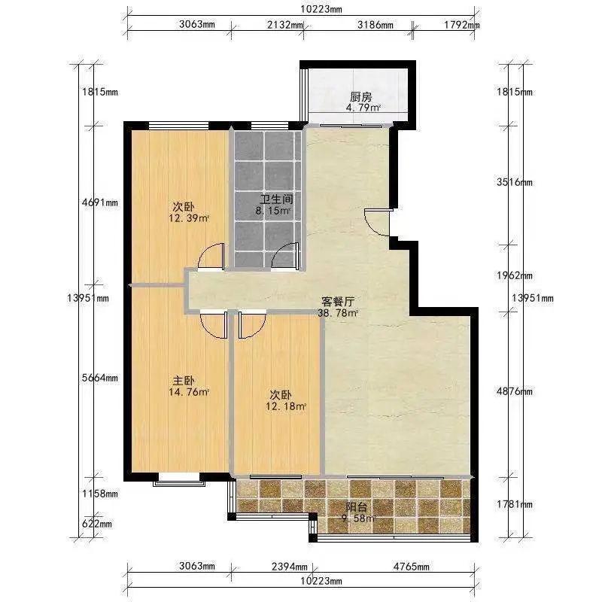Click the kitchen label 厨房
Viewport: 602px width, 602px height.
tap(360, 97)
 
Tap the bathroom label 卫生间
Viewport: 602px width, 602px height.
tap(276, 199)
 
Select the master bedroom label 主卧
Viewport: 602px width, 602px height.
tap(184, 381)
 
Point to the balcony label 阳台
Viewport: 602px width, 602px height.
tap(356, 507)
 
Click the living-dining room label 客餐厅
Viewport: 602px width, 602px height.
tap(338, 302)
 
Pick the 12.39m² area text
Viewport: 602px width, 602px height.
tap(189, 218)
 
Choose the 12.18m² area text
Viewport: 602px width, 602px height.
tap(286, 406)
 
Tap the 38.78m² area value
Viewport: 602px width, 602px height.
tap(338, 313)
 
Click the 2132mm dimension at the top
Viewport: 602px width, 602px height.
tap(285, 25)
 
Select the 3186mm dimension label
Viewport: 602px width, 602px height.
tap(375, 25)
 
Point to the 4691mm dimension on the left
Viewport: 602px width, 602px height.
tap(100, 202)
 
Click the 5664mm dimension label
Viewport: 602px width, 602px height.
tap(100, 378)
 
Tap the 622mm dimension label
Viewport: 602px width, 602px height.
tap(97, 524)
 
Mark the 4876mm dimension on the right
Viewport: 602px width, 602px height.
tap(515, 391)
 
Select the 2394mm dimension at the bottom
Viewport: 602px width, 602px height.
tap(290, 567)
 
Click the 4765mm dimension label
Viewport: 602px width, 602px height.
tap(411, 567)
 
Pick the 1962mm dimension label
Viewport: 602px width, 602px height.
tap(515, 275)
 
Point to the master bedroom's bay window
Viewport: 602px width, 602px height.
tap(179, 480)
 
